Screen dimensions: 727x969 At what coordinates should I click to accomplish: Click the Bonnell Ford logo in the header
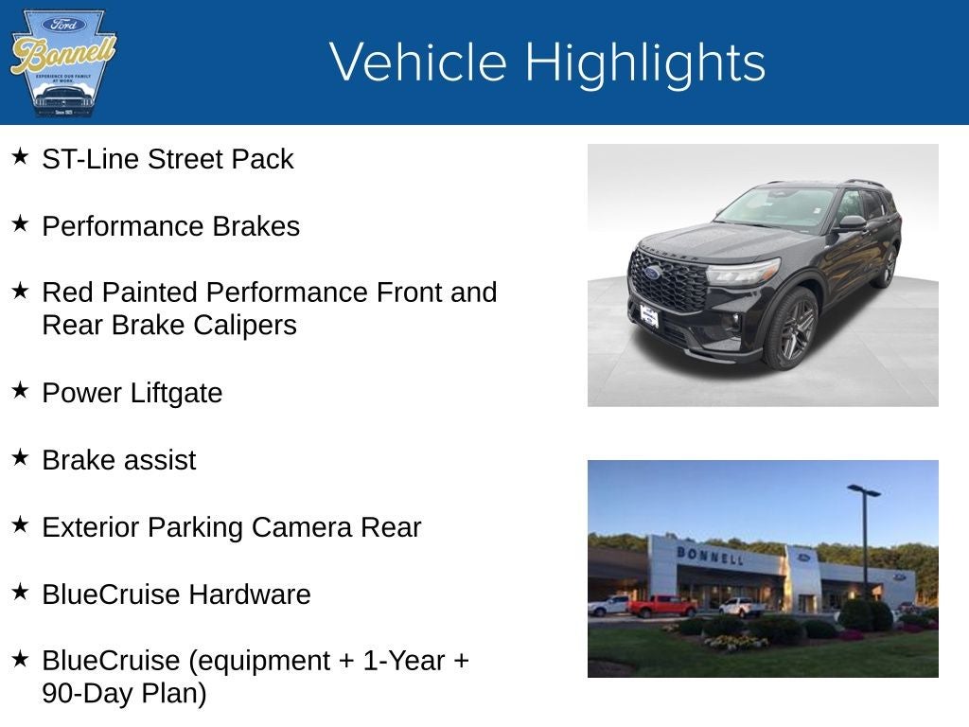(62, 62)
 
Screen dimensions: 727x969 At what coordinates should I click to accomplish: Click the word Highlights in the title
(644, 62)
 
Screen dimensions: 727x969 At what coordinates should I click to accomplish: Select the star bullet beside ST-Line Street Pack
(20, 156)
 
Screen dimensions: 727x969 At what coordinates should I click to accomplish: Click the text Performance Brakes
(170, 226)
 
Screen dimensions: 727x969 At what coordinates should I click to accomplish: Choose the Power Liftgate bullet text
(132, 393)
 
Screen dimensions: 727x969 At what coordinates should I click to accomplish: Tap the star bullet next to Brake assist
(20, 457)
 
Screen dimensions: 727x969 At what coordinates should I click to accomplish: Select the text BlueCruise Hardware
(176, 594)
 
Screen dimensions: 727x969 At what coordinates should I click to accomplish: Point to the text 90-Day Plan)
(124, 693)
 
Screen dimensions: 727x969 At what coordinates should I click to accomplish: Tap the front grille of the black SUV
(668, 281)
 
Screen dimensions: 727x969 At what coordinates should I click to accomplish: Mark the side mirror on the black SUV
(851, 222)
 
